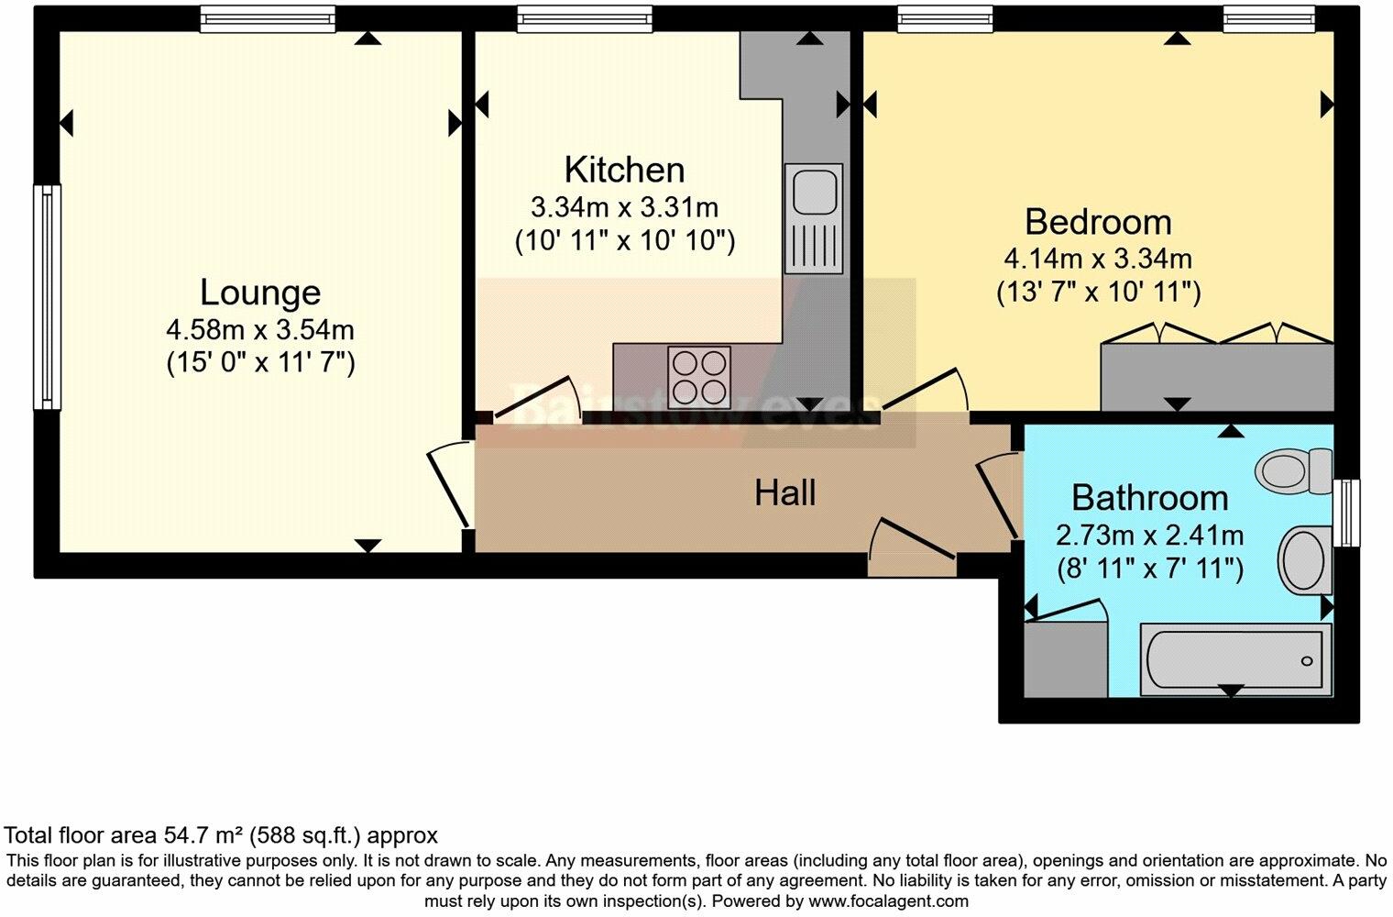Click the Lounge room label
point(260,293)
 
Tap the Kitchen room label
point(624,170)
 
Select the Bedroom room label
point(1098,222)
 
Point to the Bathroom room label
point(1149,498)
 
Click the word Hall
point(784,493)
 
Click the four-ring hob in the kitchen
point(700,376)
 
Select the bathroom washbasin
point(1305,558)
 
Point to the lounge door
point(449,486)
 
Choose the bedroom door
point(926,392)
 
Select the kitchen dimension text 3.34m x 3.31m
point(624,206)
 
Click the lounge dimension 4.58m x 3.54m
point(260,329)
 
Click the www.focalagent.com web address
point(888,900)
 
